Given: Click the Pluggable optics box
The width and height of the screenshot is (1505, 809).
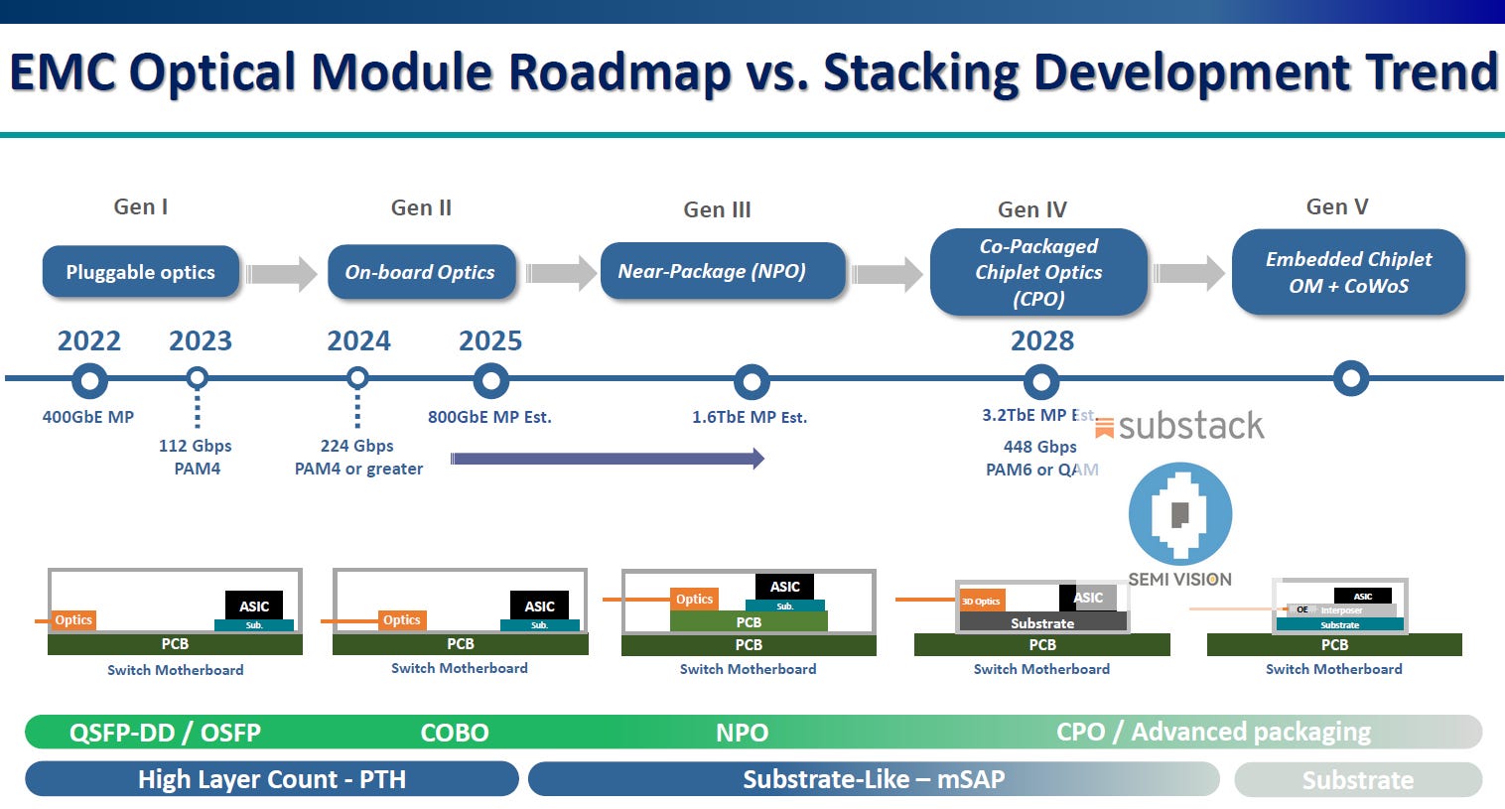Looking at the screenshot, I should point(140,272).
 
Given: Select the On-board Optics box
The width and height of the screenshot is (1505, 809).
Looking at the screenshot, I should point(420,272).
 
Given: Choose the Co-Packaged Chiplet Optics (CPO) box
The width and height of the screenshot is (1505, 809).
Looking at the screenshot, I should point(1038,272).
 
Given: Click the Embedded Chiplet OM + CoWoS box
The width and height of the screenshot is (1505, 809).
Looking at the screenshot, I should point(1348,272).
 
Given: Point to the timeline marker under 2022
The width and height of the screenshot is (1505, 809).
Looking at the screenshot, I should point(89,380).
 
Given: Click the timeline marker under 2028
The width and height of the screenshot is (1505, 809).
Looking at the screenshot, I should point(1040,381).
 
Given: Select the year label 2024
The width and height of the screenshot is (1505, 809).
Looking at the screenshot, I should point(358,340).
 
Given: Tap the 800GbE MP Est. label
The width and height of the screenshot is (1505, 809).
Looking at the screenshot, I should point(489,417).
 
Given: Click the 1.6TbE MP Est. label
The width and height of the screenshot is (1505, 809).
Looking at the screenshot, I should point(750,417).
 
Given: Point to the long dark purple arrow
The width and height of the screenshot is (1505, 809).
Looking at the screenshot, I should point(607,459).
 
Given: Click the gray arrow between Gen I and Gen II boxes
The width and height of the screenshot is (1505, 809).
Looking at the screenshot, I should point(281,273).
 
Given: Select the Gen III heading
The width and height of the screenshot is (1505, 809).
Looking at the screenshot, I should point(717,209).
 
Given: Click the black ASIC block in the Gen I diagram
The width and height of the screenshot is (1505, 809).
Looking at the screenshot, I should point(254,606).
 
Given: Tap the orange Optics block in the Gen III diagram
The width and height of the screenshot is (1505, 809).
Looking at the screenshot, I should point(694,599).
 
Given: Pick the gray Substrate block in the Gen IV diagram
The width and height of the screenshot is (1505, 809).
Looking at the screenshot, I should point(1042,622).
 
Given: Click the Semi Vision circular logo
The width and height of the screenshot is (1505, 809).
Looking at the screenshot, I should point(1179,514).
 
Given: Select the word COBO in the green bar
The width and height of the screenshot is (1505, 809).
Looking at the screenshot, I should point(455,733).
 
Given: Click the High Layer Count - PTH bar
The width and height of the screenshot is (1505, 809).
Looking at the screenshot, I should point(271,779).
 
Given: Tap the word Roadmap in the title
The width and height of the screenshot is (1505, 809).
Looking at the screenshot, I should point(614,72).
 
